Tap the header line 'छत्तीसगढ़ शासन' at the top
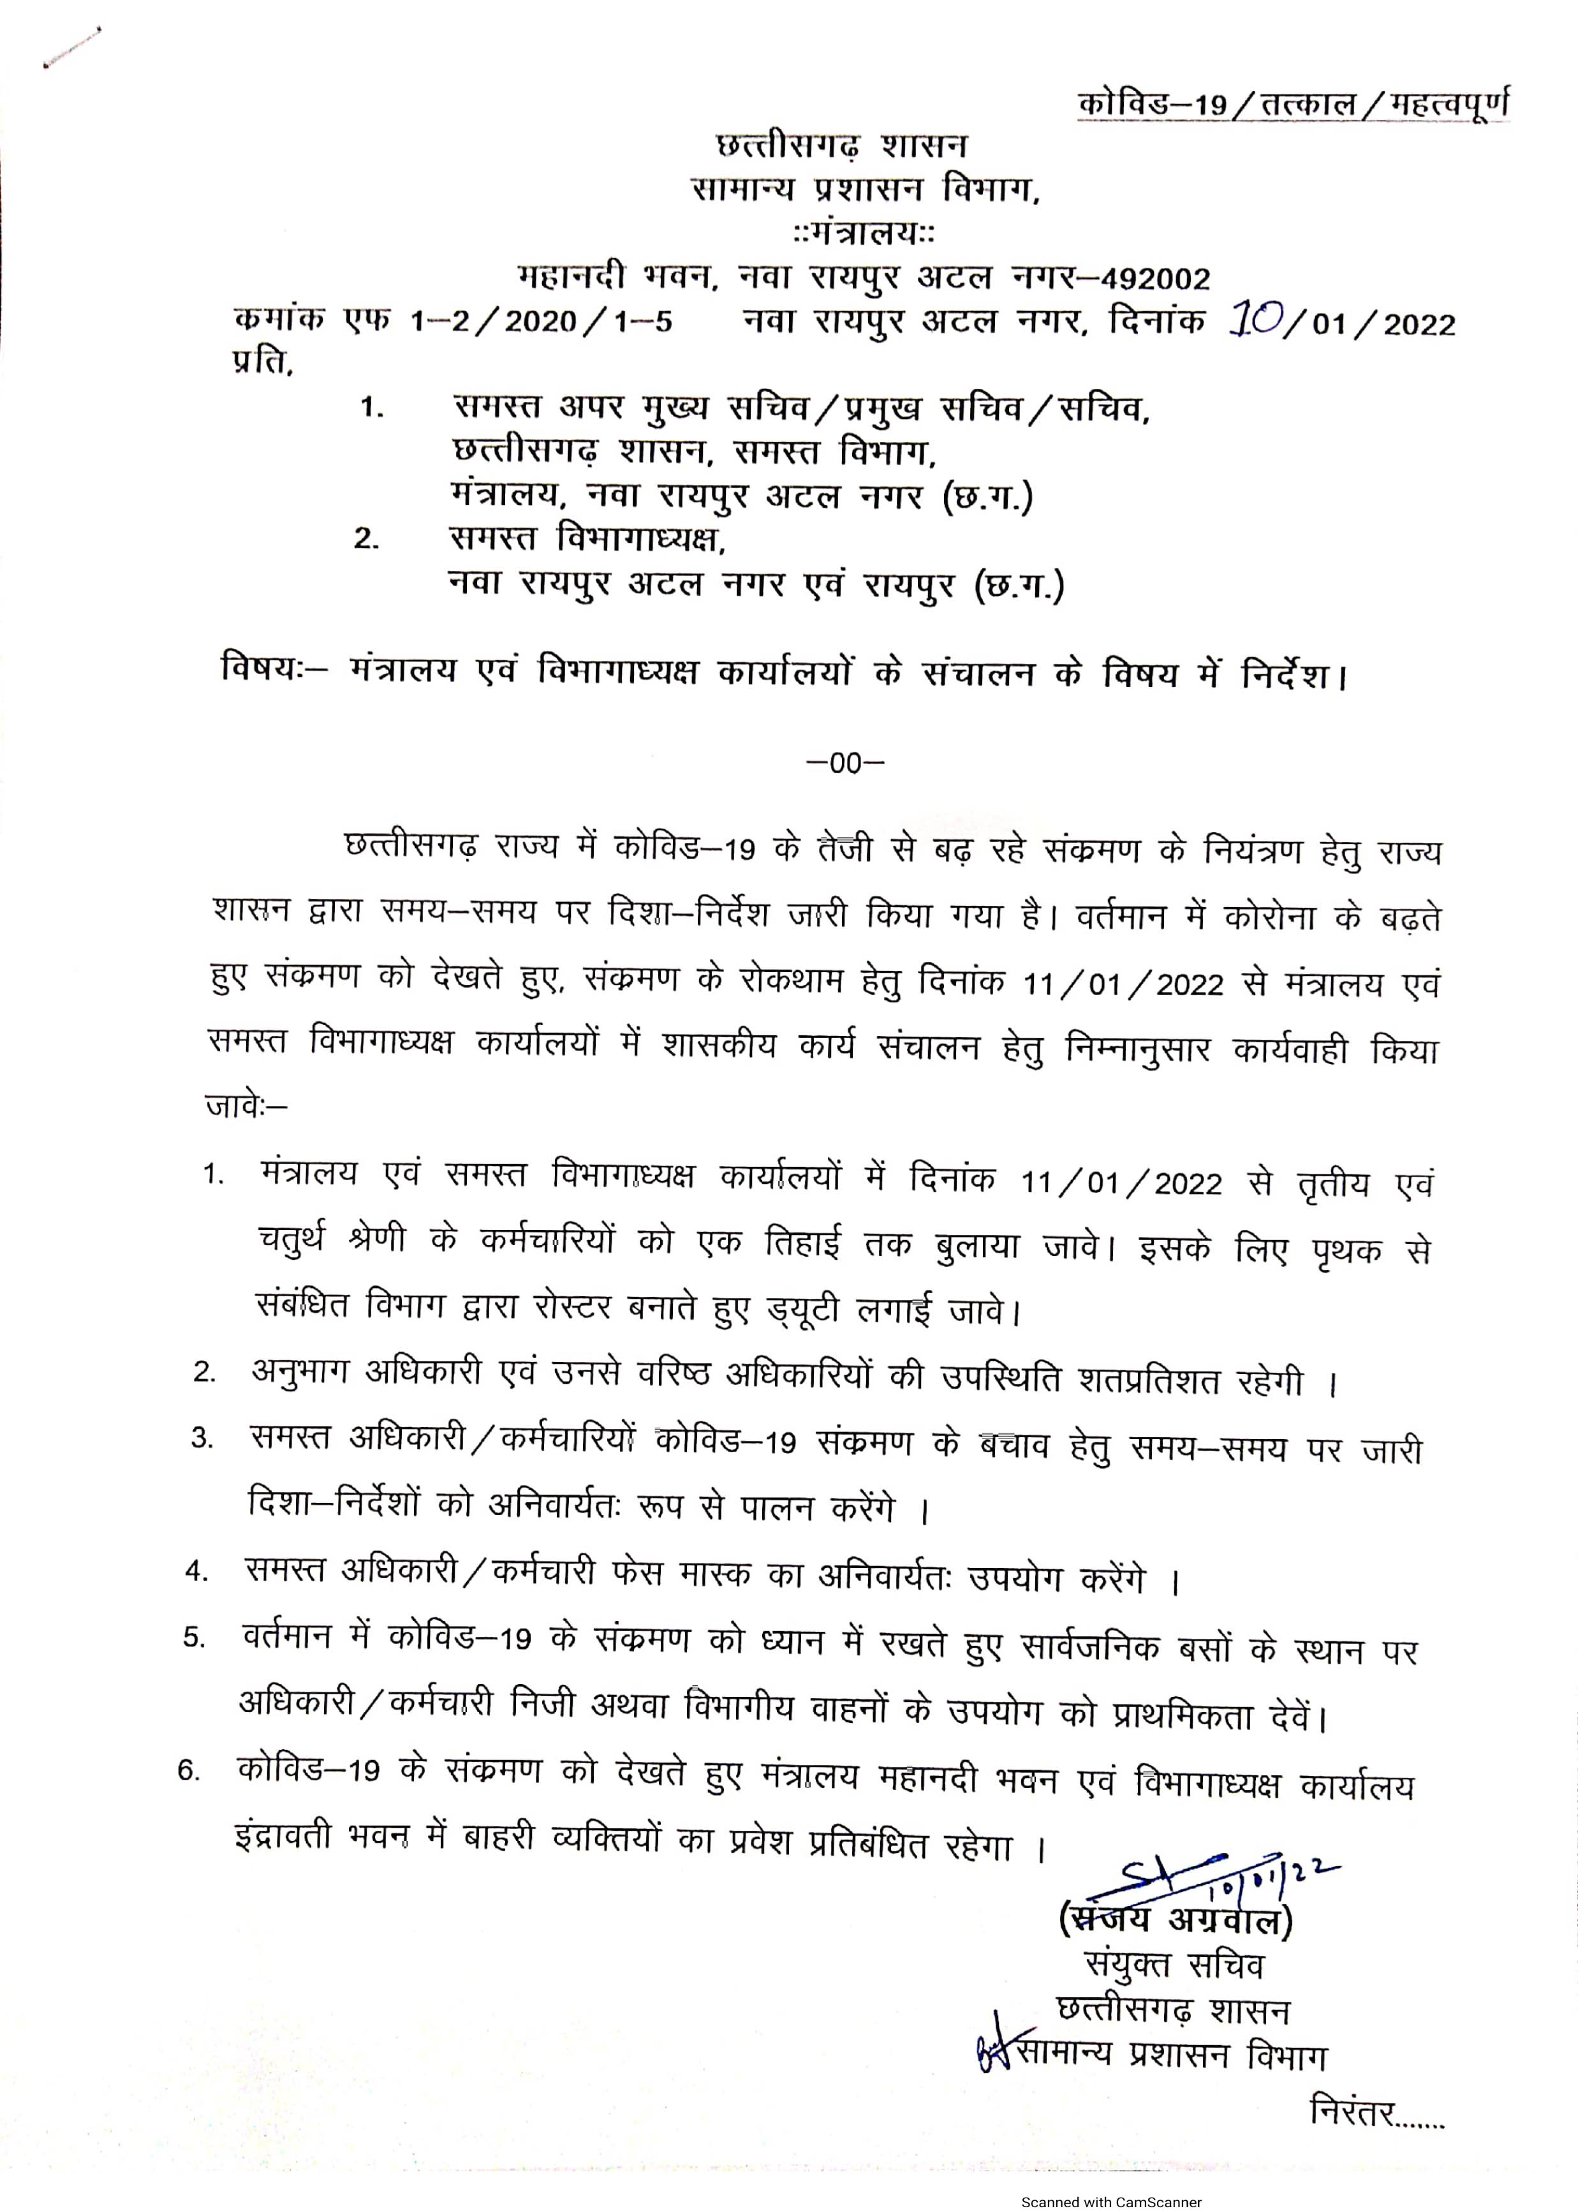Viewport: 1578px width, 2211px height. pyautogui.click(x=841, y=146)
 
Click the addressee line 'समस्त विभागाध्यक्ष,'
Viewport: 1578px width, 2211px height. pyautogui.click(x=589, y=538)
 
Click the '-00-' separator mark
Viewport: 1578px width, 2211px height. pyautogui.click(x=845, y=764)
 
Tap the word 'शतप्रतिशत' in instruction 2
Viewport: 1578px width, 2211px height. pyautogui.click(x=1149, y=1381)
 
